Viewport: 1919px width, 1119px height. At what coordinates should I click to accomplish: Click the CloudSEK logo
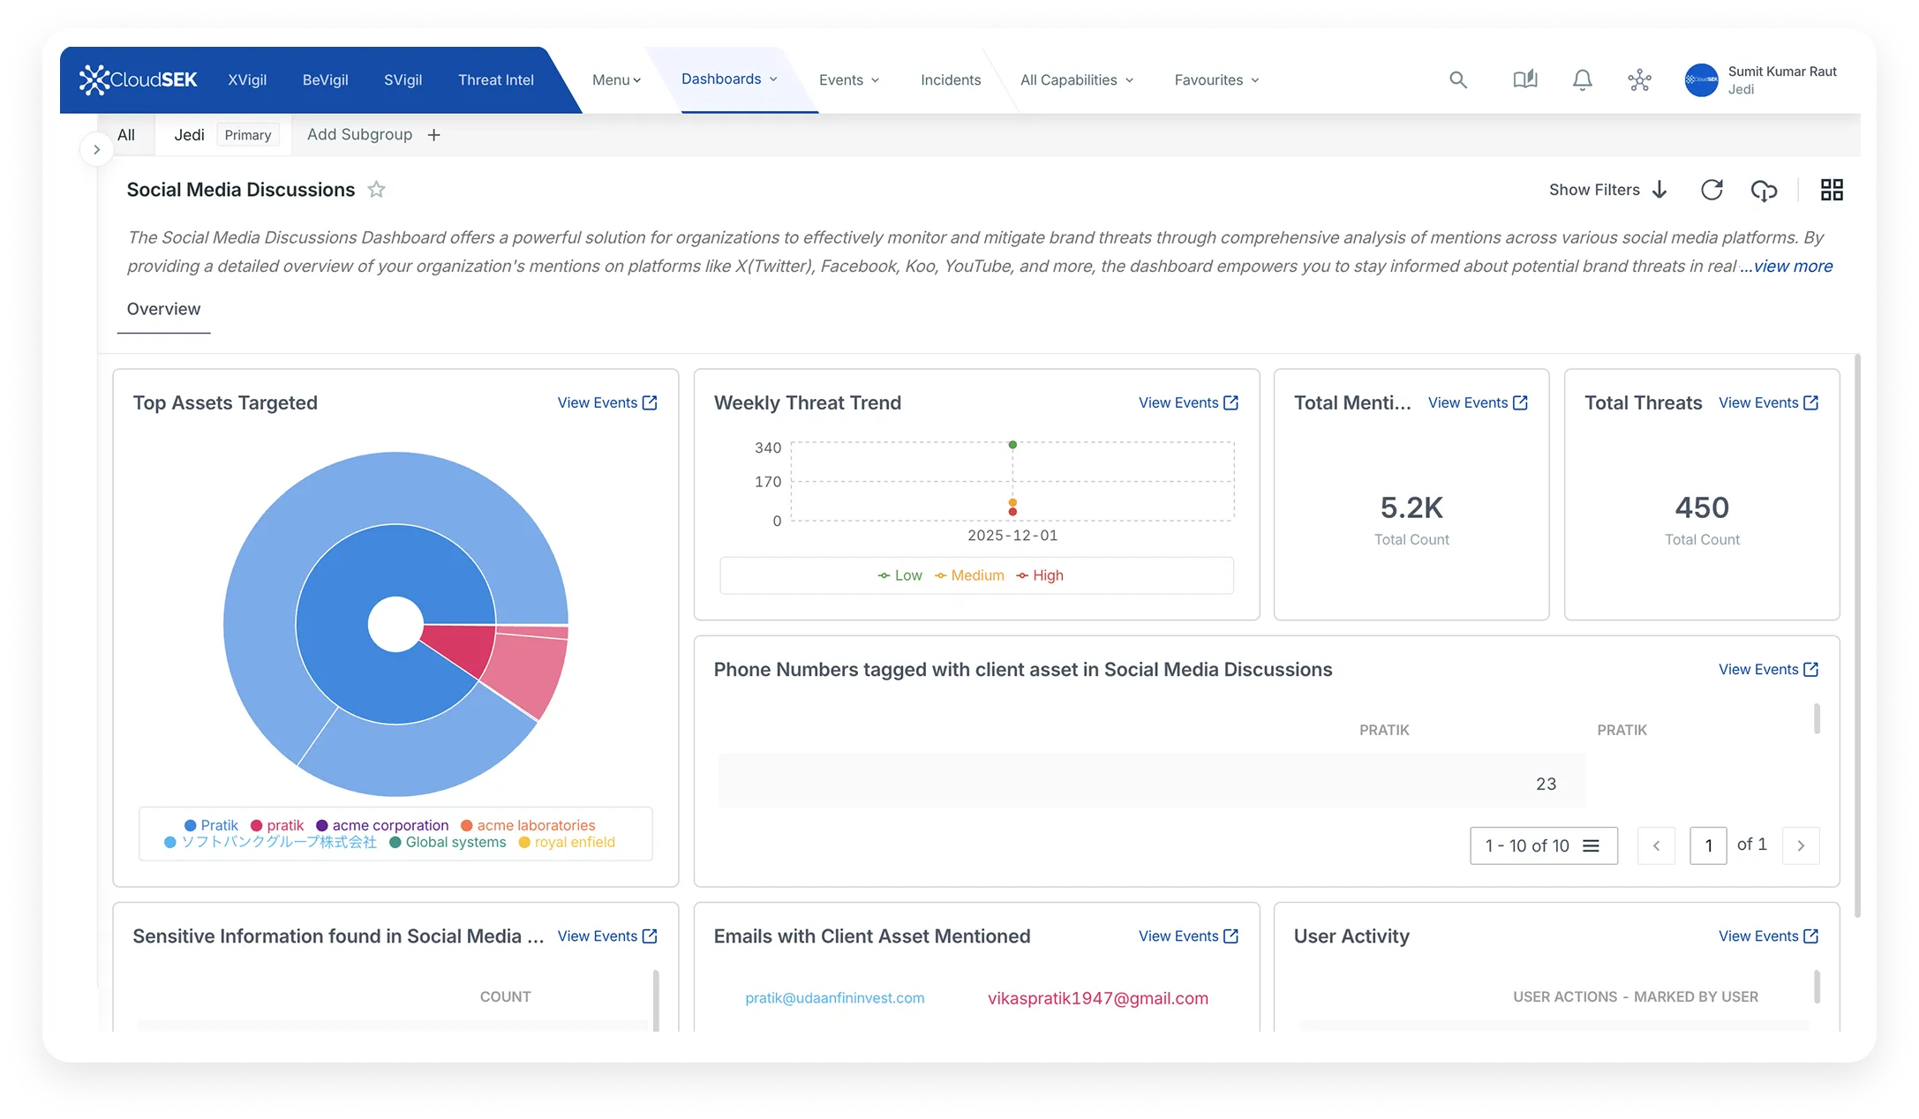139,79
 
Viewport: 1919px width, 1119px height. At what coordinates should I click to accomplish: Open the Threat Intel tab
495,79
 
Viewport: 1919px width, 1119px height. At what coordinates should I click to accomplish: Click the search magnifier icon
1458,79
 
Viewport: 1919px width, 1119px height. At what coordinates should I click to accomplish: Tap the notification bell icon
1582,79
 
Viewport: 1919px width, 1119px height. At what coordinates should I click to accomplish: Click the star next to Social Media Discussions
376,190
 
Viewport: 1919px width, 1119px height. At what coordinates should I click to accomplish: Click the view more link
1787,266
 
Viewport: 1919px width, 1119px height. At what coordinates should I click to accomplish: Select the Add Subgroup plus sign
433,135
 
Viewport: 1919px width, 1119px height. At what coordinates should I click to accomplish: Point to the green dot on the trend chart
1012,445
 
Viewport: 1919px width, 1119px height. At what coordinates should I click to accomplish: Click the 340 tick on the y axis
768,447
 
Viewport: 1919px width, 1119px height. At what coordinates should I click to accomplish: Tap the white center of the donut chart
395,624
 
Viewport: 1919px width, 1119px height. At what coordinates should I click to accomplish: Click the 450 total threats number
1702,507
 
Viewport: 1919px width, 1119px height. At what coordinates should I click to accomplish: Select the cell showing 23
1546,784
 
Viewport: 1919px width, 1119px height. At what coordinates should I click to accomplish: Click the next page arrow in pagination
1801,845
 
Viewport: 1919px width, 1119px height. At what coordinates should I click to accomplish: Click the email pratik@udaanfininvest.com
834,998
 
